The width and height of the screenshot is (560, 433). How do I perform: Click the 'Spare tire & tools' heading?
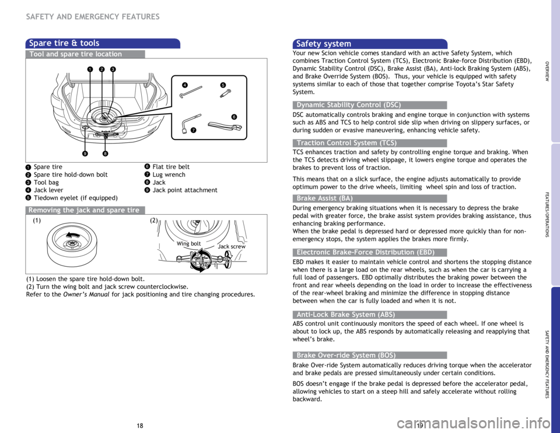pyautogui.click(x=64, y=43)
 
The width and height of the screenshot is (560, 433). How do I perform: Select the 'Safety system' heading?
pyautogui.click(x=324, y=44)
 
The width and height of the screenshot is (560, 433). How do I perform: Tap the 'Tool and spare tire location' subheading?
pyautogui.click(x=76, y=54)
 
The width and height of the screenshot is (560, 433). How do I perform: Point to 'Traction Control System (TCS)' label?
pyautogui.click(x=346, y=143)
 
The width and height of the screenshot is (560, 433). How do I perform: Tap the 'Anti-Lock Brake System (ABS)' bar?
pyautogui.click(x=346, y=315)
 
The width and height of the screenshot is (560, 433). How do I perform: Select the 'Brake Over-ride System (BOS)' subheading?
pyautogui.click(x=346, y=355)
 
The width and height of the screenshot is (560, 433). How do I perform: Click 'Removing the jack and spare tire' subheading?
pyautogui.click(x=84, y=210)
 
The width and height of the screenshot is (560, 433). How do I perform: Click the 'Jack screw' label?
pyautogui.click(x=232, y=247)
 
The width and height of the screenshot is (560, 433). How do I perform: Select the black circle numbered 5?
pyautogui.click(x=222, y=85)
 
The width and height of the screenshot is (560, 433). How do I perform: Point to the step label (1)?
pyautogui.click(x=37, y=221)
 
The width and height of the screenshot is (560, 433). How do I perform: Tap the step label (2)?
pyautogui.click(x=154, y=221)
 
